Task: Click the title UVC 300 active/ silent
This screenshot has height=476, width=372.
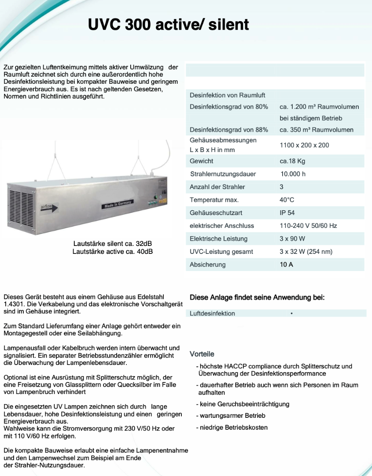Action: (x=169, y=24)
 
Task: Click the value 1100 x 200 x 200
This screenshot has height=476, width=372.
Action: (x=304, y=145)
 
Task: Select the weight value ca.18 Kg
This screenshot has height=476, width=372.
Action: (x=292, y=161)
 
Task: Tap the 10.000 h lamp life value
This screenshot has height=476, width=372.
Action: (x=293, y=174)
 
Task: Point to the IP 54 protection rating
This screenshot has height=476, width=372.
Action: (x=287, y=212)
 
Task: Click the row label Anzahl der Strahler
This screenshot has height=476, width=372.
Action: (x=217, y=187)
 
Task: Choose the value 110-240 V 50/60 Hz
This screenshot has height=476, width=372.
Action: (x=308, y=226)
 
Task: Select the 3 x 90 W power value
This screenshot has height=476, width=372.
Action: (x=292, y=238)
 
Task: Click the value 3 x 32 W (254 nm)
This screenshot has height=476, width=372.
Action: (x=306, y=252)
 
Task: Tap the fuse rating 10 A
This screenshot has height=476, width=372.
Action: (x=286, y=264)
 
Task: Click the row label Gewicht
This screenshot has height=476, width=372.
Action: (x=201, y=161)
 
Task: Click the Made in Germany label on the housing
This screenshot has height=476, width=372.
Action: (x=118, y=203)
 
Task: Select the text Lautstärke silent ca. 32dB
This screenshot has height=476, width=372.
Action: (x=113, y=244)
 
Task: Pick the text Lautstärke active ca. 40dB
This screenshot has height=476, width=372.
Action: (x=113, y=251)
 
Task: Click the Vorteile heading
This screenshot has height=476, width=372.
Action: (x=202, y=354)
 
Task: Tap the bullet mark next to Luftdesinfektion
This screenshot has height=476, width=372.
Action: (x=292, y=313)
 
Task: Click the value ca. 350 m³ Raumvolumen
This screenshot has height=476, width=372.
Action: (x=316, y=130)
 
